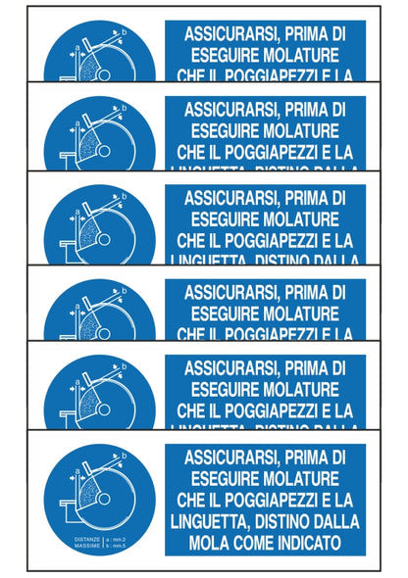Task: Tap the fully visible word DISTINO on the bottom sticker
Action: pyautogui.click(x=289, y=520)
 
